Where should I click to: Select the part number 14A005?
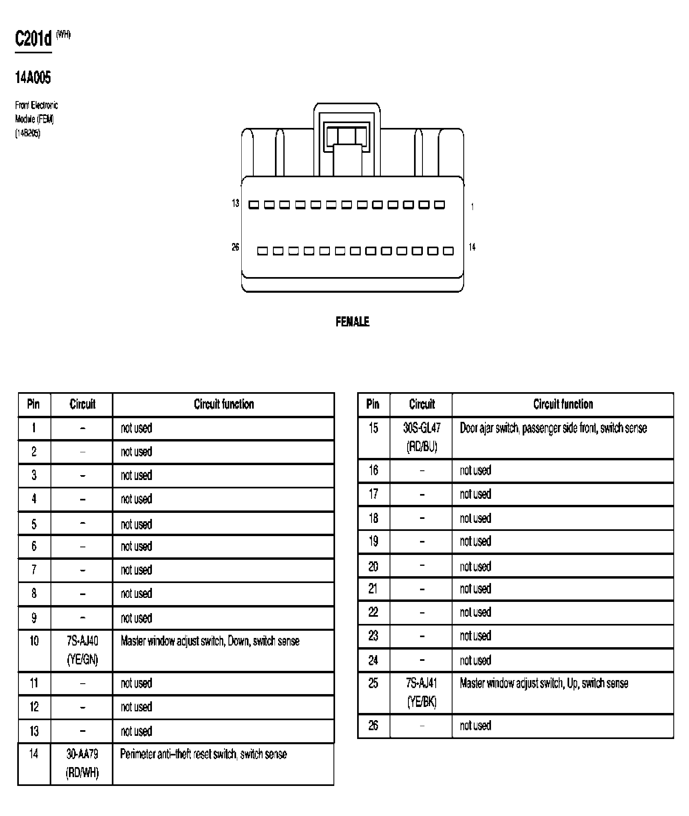[33, 77]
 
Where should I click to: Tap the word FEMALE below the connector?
[352, 322]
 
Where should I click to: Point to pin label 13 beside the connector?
[235, 203]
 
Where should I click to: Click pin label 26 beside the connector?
[235, 247]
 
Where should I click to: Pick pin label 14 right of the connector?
[472, 247]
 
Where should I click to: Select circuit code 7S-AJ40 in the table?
[82, 641]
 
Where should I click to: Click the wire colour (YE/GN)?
[82, 660]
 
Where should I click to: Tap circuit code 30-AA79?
[82, 754]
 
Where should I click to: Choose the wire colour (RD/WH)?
[82, 773]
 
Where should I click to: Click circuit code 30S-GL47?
[422, 428]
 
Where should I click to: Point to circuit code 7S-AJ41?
[422, 683]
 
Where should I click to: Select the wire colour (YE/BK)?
[422, 701]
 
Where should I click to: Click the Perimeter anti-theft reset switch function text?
[204, 754]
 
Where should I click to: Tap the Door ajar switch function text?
[553, 428]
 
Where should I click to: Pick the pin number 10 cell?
[34, 641]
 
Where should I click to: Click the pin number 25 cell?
[373, 683]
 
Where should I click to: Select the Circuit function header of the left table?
[224, 404]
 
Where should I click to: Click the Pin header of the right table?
[373, 404]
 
